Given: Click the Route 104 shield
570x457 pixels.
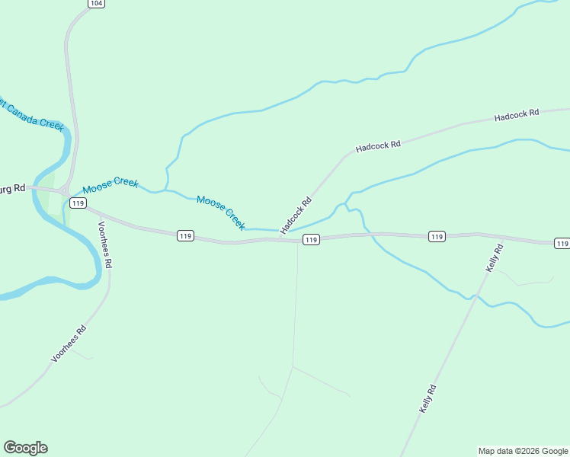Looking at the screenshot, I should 94,4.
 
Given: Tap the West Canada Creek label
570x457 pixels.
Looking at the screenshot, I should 32,114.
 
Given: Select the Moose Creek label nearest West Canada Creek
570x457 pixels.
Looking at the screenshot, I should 110,184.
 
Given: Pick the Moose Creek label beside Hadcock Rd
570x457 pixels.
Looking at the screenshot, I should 221,213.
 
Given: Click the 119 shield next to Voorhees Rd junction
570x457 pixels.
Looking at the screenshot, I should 78,203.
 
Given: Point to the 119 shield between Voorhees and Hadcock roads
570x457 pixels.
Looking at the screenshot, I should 185,236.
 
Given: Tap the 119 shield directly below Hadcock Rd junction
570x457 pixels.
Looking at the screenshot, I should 310,240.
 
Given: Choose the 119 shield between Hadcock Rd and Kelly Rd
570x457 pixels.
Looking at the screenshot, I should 436,237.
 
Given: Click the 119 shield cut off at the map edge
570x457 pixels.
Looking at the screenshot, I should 562,244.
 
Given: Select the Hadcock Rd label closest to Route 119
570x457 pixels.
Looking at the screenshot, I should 296,216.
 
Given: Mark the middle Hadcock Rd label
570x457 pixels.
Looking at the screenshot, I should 378,145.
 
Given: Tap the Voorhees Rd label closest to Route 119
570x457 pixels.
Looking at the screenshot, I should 105,244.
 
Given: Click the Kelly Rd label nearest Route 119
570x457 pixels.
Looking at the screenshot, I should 495,258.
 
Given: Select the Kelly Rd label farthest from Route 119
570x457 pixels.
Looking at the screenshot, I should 427,399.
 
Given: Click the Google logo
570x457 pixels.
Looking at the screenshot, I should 25,448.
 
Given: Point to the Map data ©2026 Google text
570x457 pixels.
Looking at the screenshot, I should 523,451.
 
